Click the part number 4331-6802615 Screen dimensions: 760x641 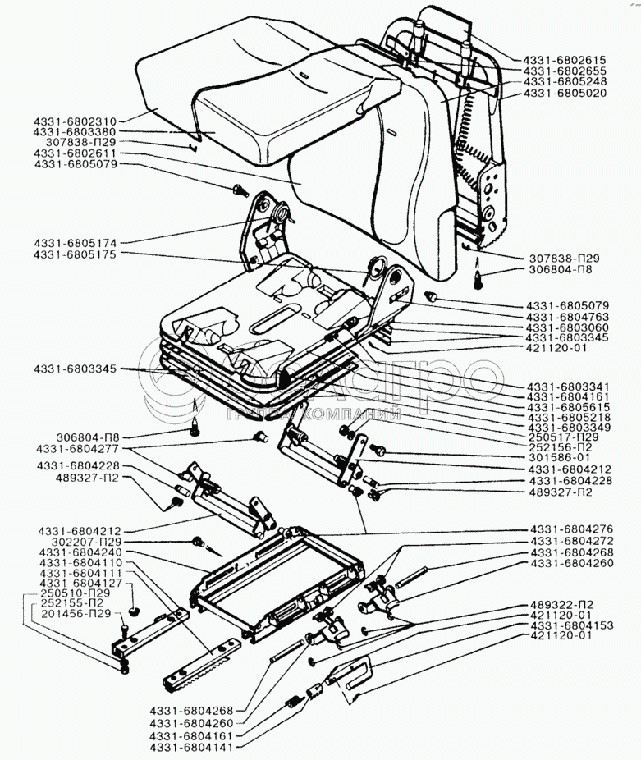[x=563, y=60]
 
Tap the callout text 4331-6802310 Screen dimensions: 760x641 [x=76, y=120]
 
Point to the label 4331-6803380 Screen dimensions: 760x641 [x=76, y=131]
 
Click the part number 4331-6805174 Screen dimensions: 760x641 [x=76, y=244]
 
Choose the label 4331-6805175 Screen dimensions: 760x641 [x=76, y=255]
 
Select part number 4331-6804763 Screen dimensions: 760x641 [x=568, y=316]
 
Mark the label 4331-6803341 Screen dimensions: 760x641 [x=568, y=385]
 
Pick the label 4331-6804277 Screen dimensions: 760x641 [x=76, y=451]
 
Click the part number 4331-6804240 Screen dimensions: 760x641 [x=76, y=553]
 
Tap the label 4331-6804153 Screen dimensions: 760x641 [x=568, y=625]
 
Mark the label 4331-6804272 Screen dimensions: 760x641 [x=568, y=542]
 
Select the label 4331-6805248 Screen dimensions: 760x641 [x=563, y=81]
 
